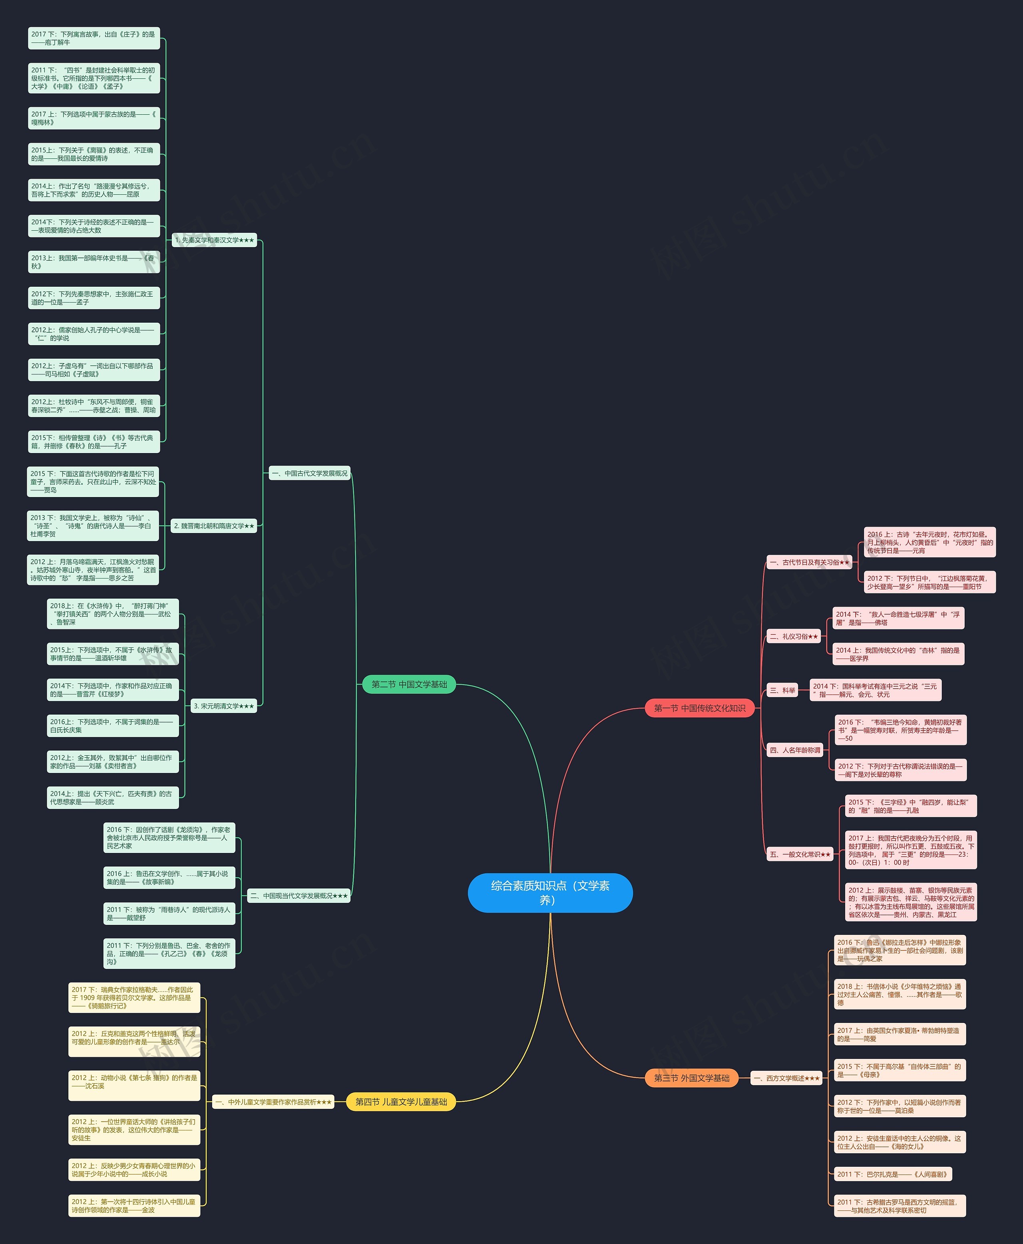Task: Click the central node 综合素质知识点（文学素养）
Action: tap(550, 893)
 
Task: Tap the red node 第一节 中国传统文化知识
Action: tap(699, 708)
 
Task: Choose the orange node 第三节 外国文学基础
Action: tap(691, 1078)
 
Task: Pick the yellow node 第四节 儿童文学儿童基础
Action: tap(401, 1101)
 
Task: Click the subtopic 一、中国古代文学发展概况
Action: tap(309, 473)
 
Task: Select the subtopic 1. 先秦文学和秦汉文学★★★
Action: tap(215, 240)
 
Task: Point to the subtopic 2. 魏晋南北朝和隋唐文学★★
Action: tap(215, 526)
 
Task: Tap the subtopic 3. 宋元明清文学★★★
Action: tap(224, 706)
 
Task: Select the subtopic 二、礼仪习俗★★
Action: tap(794, 637)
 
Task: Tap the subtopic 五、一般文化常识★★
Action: tap(800, 854)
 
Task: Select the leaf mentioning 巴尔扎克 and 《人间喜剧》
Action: tap(892, 1174)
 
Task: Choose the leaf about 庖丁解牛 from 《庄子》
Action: tap(94, 38)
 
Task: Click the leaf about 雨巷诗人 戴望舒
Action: tap(169, 913)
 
